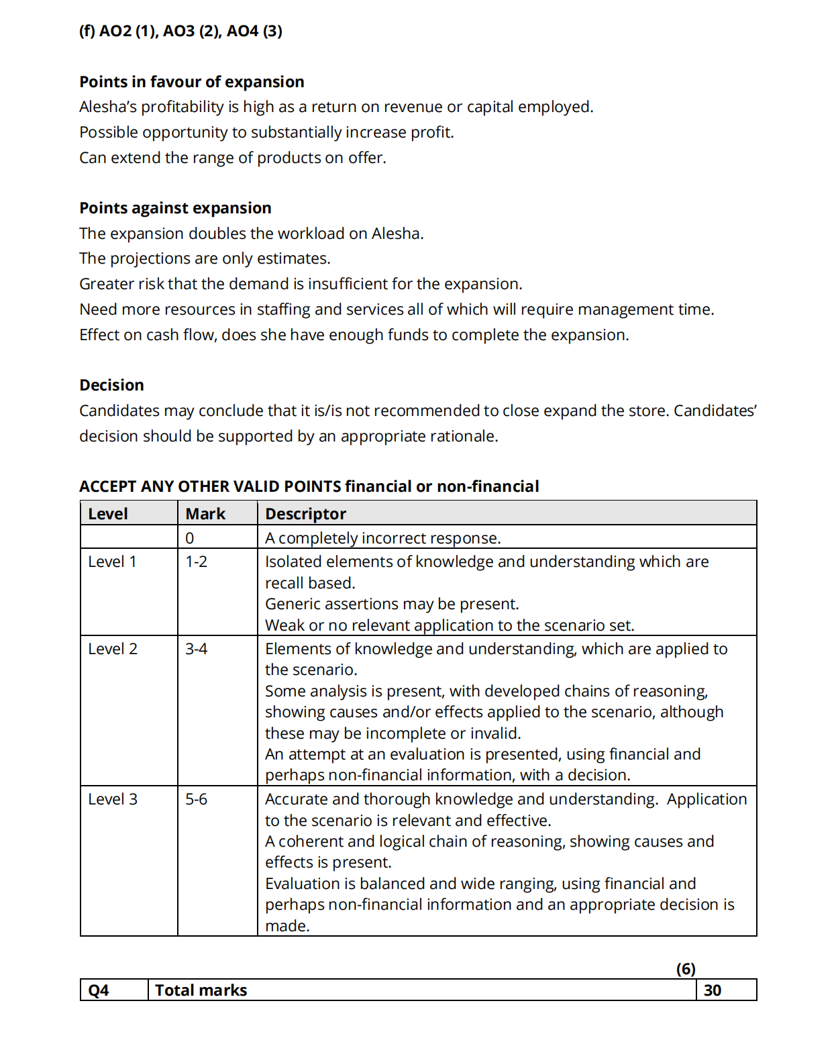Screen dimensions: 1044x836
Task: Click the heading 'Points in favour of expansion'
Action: click(191, 82)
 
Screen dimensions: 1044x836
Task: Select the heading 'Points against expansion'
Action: click(175, 208)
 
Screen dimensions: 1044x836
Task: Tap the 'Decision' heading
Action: click(111, 385)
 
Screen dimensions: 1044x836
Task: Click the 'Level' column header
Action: click(108, 514)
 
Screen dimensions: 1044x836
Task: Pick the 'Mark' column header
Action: click(205, 514)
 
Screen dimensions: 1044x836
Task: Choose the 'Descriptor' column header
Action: click(305, 514)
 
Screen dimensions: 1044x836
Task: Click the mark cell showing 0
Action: click(190, 538)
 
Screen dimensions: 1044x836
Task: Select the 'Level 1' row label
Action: click(112, 562)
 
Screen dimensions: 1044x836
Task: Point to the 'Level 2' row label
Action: click(113, 649)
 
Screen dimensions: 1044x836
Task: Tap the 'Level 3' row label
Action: click(113, 799)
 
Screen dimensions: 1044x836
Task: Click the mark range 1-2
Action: click(197, 562)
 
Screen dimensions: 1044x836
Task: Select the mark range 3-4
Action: click(197, 649)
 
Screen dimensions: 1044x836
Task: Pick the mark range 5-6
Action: click(197, 799)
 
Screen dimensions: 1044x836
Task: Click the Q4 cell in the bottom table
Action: click(99, 990)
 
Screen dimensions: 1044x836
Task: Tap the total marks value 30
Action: click(713, 990)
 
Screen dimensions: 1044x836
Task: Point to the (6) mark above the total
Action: click(686, 969)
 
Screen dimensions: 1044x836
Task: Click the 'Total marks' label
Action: click(201, 990)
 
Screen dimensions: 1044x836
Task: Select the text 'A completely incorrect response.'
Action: click(382, 538)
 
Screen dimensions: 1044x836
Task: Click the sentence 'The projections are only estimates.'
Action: click(205, 258)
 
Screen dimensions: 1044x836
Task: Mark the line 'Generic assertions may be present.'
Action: click(392, 604)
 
